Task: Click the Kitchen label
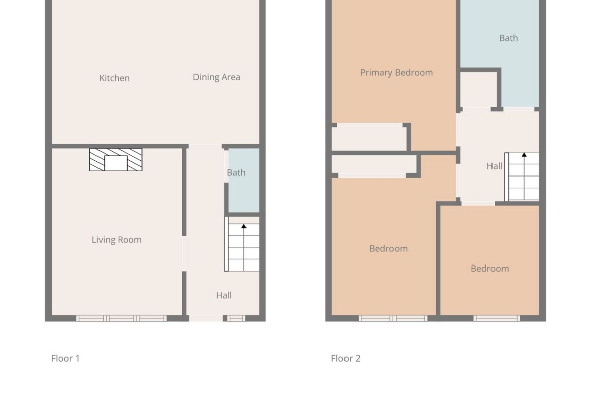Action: (x=114, y=78)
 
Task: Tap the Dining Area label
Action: (x=217, y=77)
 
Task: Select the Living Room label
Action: (x=117, y=240)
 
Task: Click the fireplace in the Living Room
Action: (x=116, y=160)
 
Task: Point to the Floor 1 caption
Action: (x=65, y=358)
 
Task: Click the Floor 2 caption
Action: (x=346, y=358)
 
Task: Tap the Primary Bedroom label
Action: (x=397, y=72)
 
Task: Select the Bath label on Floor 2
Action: (x=509, y=38)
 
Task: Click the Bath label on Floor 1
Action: (x=236, y=172)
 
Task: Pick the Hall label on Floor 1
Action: (x=224, y=295)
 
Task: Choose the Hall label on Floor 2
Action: (x=495, y=166)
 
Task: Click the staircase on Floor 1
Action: (x=241, y=244)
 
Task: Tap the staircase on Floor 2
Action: (x=522, y=177)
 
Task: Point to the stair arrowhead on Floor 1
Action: (x=244, y=226)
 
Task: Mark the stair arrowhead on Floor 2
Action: (x=524, y=155)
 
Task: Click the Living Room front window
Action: (x=121, y=318)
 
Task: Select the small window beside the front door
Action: (x=236, y=318)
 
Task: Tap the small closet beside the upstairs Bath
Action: (x=478, y=90)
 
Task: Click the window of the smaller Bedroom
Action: (x=497, y=318)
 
